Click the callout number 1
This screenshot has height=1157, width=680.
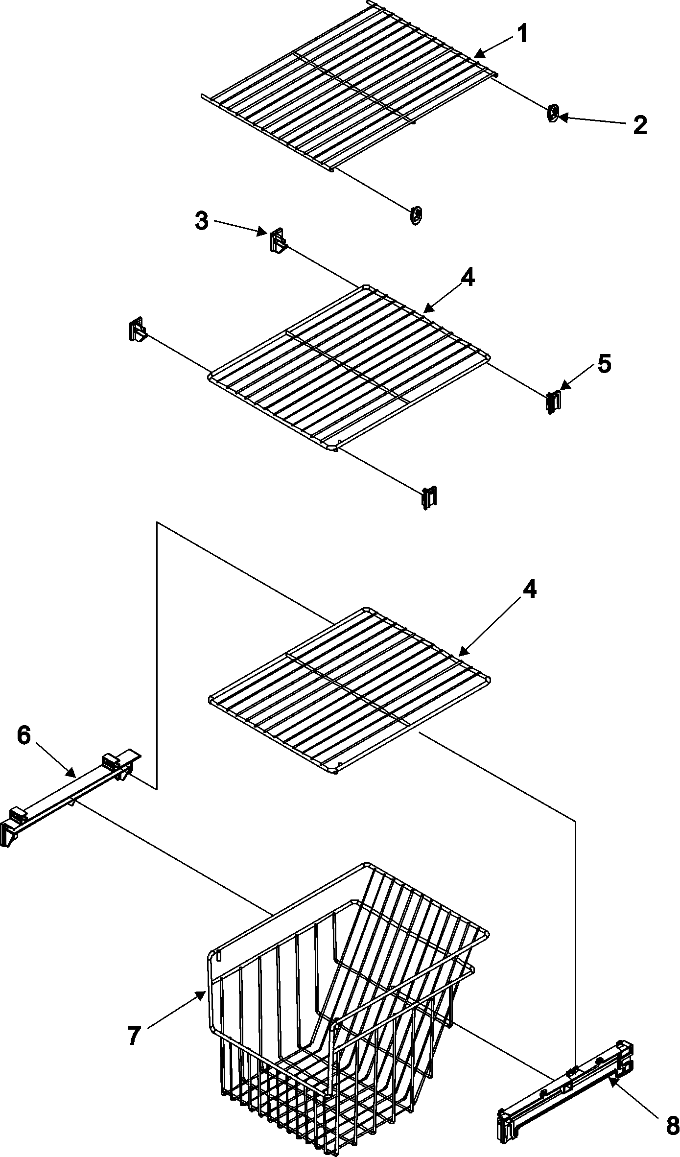click(x=522, y=34)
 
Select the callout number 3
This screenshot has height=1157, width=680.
click(x=201, y=221)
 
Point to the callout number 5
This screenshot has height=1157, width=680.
click(x=604, y=364)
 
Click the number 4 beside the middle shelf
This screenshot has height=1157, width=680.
click(x=467, y=279)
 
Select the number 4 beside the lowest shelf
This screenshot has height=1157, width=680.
click(x=529, y=590)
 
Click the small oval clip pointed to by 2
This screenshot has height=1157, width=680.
click(x=552, y=114)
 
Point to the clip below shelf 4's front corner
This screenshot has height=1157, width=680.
click(x=429, y=497)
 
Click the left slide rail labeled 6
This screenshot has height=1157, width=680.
click(x=69, y=793)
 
